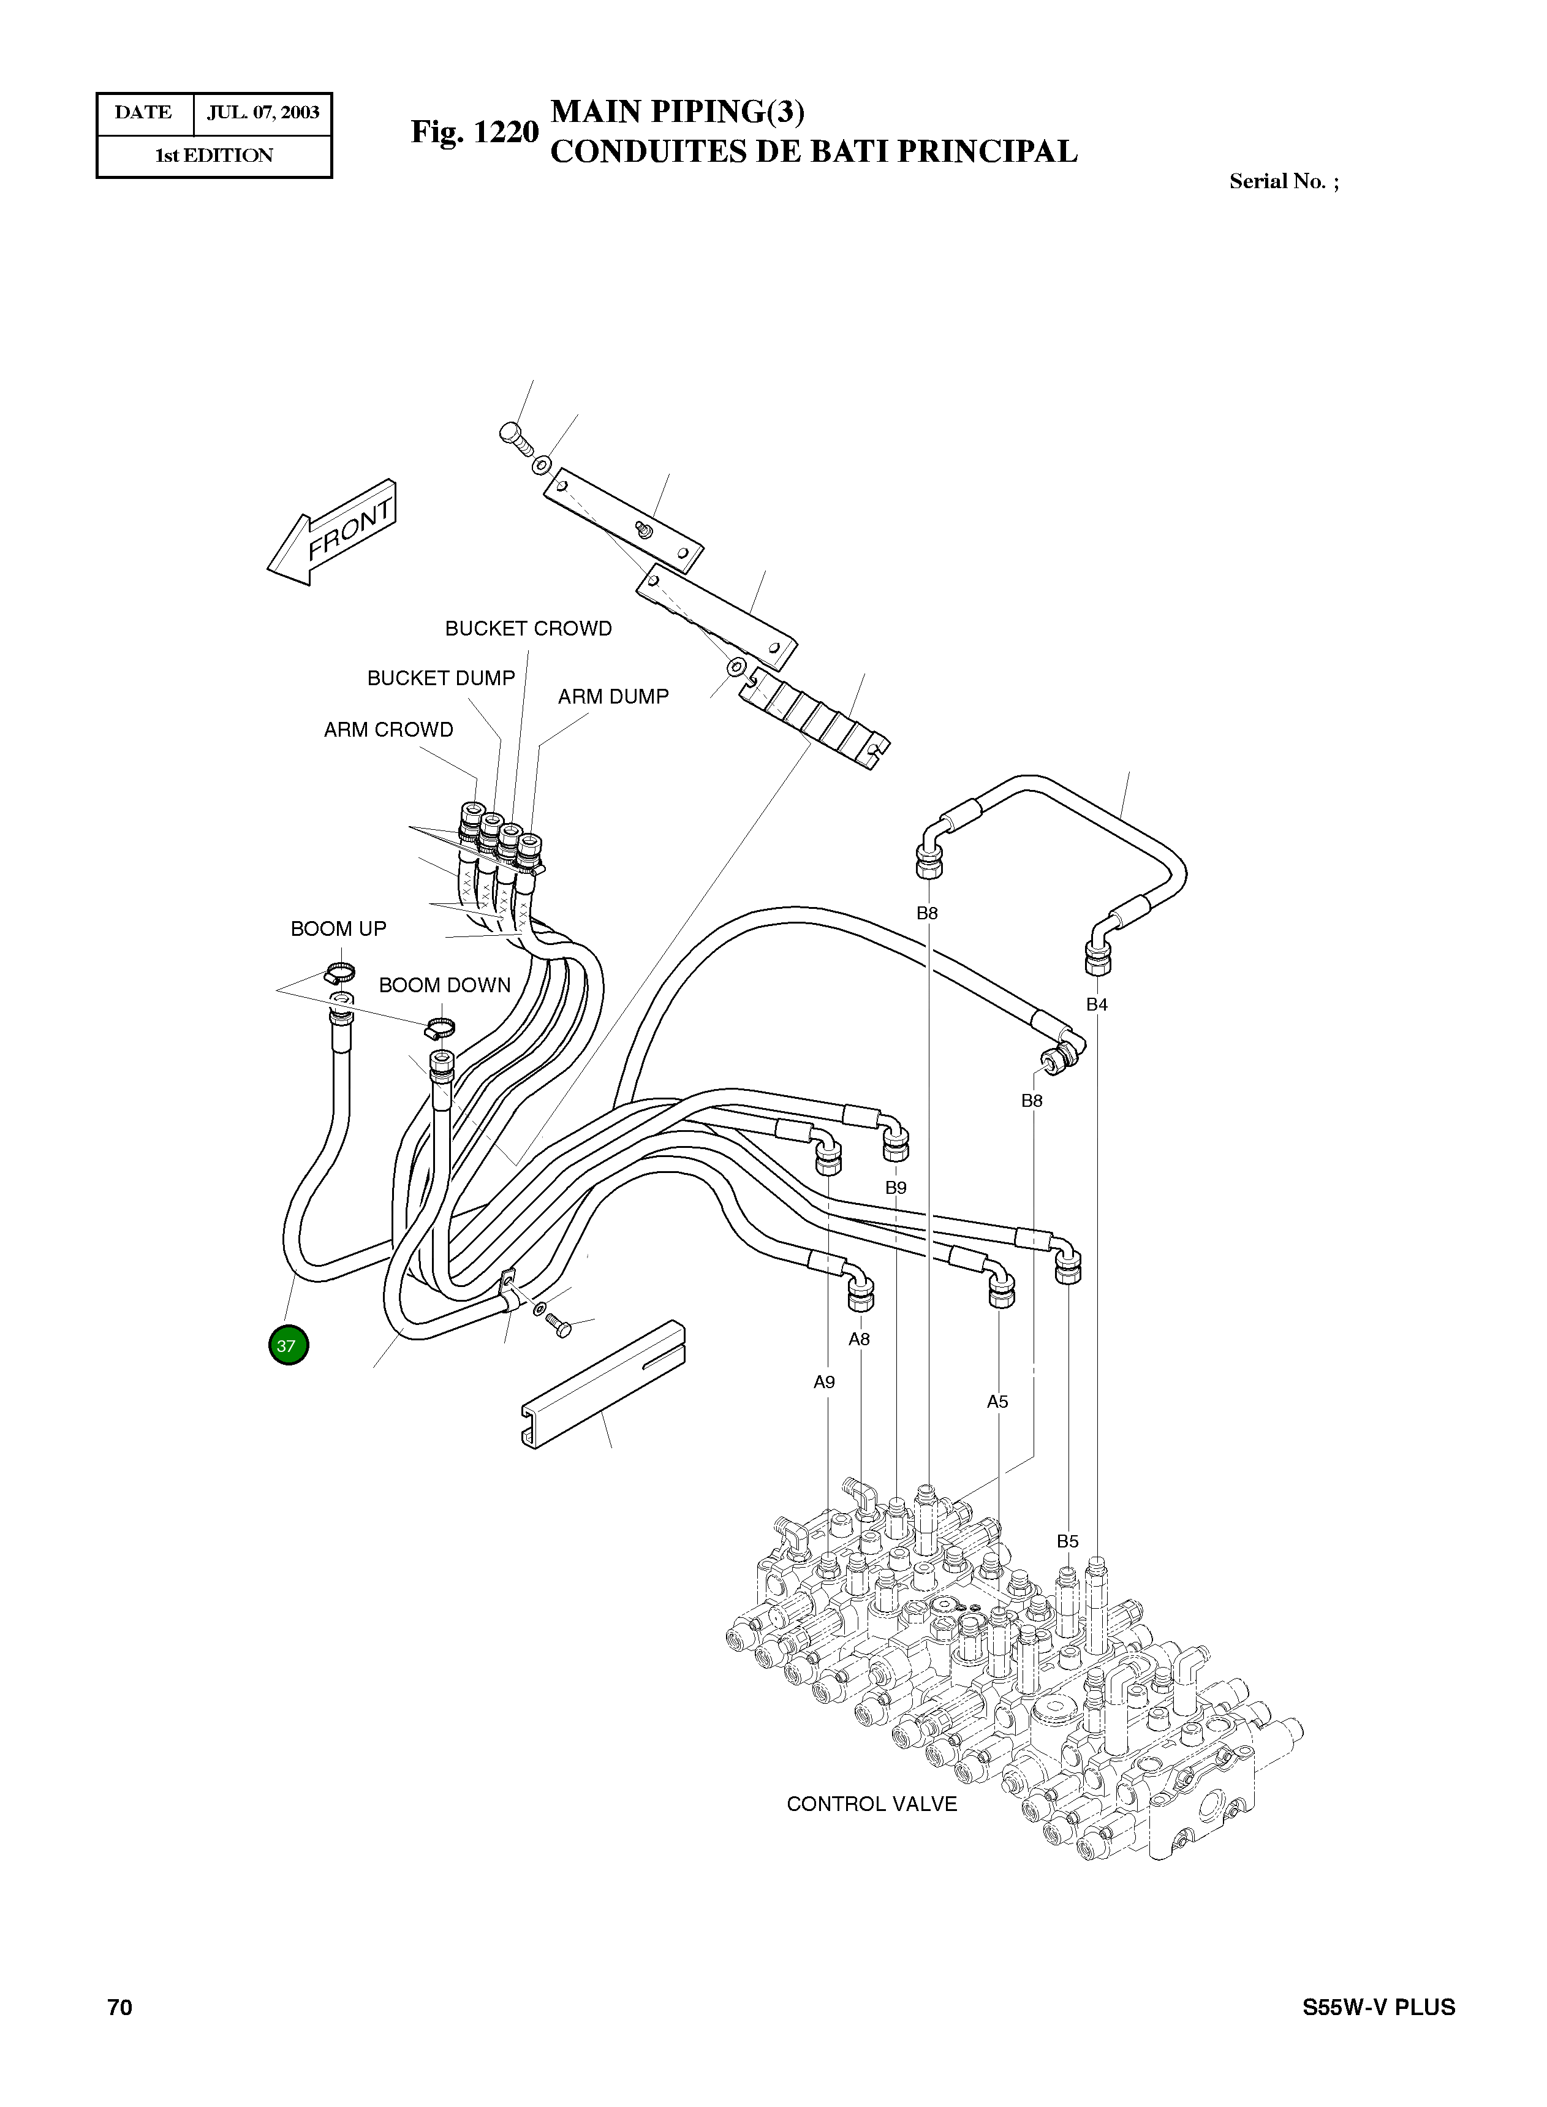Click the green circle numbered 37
(287, 1346)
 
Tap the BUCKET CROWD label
(528, 628)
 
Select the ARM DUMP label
(613, 697)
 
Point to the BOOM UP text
(338, 929)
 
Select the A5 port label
(997, 1402)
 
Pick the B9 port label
(896, 1188)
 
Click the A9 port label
(824, 1382)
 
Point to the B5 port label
(1067, 1541)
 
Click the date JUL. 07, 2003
(263, 113)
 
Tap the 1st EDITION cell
(214, 156)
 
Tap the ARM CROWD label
(388, 729)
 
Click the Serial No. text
(1283, 181)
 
